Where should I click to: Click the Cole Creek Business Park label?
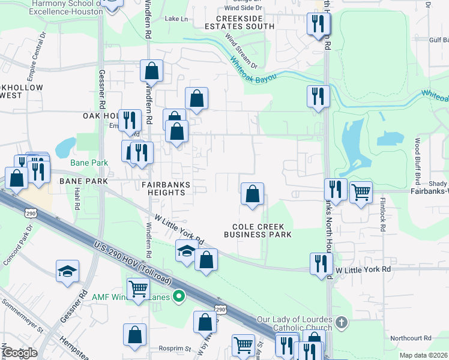click(x=258, y=230)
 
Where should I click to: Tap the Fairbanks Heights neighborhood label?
click(x=167, y=188)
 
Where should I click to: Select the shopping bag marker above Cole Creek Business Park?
click(x=253, y=194)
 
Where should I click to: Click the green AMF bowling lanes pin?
click(x=178, y=296)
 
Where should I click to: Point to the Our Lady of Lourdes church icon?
click(x=342, y=323)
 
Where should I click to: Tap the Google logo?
click(x=19, y=353)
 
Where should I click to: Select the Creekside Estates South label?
click(x=240, y=22)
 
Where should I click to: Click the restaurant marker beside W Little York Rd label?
click(x=321, y=264)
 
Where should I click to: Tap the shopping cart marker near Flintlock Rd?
click(x=361, y=193)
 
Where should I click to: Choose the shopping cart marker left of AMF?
click(x=139, y=289)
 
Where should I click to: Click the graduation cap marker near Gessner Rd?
click(x=68, y=271)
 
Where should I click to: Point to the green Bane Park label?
click(x=88, y=163)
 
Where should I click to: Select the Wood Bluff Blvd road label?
click(x=417, y=162)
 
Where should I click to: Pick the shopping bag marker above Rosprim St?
click(x=135, y=335)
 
